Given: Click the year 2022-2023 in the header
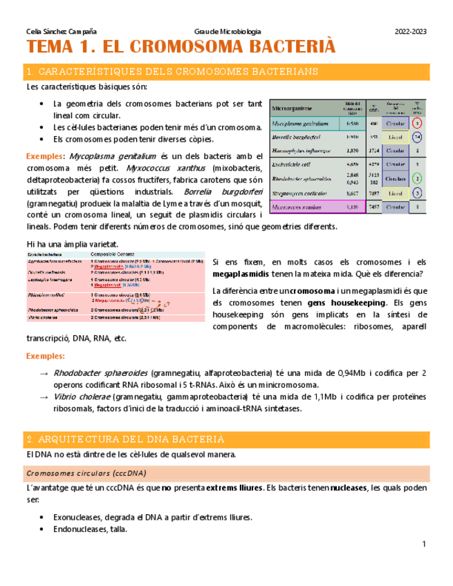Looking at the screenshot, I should tap(410, 32).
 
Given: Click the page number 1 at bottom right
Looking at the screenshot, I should tap(423, 545).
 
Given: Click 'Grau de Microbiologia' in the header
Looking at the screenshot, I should tap(228, 32).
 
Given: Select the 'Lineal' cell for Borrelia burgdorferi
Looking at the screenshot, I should tap(396, 137).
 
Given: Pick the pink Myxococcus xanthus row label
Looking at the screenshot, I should tap(297, 207).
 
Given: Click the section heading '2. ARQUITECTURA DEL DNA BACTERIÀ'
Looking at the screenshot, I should tap(125, 439).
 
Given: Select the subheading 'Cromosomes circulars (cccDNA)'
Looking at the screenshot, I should tap(86, 473).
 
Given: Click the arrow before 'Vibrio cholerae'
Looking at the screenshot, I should tap(45, 397).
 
